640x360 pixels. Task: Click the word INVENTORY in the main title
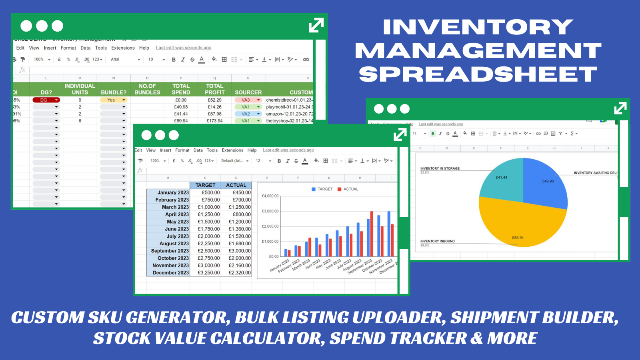click(x=478, y=27)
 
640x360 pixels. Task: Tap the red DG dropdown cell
click(x=46, y=100)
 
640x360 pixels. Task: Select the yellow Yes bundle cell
click(x=113, y=100)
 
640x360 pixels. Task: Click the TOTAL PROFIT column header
click(x=214, y=89)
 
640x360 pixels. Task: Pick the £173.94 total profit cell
click(x=214, y=121)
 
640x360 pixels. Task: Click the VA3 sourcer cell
click(x=248, y=100)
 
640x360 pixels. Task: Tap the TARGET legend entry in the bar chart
click(x=322, y=189)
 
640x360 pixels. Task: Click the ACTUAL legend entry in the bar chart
click(x=348, y=189)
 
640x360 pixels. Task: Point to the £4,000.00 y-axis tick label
click(x=270, y=196)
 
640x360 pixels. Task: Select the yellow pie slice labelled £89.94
click(x=520, y=224)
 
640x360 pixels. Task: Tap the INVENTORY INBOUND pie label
click(x=437, y=241)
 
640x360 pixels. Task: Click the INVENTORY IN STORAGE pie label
click(x=440, y=168)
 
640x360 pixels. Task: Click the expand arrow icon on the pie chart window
click(x=620, y=108)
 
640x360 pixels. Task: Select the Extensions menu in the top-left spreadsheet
click(x=123, y=48)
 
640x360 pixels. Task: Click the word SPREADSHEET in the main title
click(x=478, y=74)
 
